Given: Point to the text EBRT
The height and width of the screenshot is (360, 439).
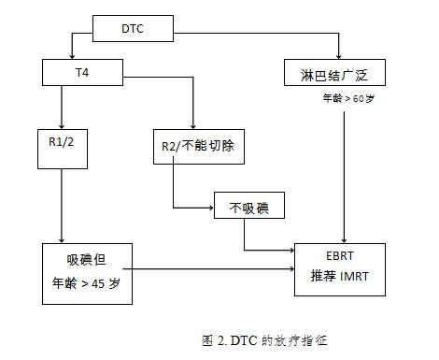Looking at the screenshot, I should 339,254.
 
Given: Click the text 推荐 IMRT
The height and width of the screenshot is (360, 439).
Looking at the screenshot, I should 340,275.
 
